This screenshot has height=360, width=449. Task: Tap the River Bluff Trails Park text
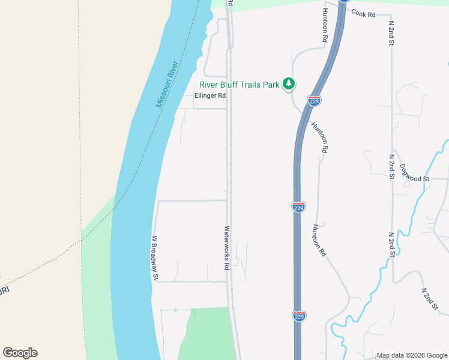240,85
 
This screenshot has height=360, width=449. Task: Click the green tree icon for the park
289,84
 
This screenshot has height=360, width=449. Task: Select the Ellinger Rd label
210,95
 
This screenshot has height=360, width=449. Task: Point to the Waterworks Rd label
228,247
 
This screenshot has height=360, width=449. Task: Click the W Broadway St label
155,258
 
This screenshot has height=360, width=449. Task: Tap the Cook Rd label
363,13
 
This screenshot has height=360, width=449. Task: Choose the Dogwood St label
414,178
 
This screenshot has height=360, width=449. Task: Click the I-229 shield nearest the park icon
314,101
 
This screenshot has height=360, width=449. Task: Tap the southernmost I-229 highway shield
299,316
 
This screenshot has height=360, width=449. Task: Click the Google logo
20,353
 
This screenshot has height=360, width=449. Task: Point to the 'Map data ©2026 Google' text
412,355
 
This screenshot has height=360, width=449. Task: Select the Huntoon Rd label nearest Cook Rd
325,25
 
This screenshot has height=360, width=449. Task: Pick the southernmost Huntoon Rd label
319,241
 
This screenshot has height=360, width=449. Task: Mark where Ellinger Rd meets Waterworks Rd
228,109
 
